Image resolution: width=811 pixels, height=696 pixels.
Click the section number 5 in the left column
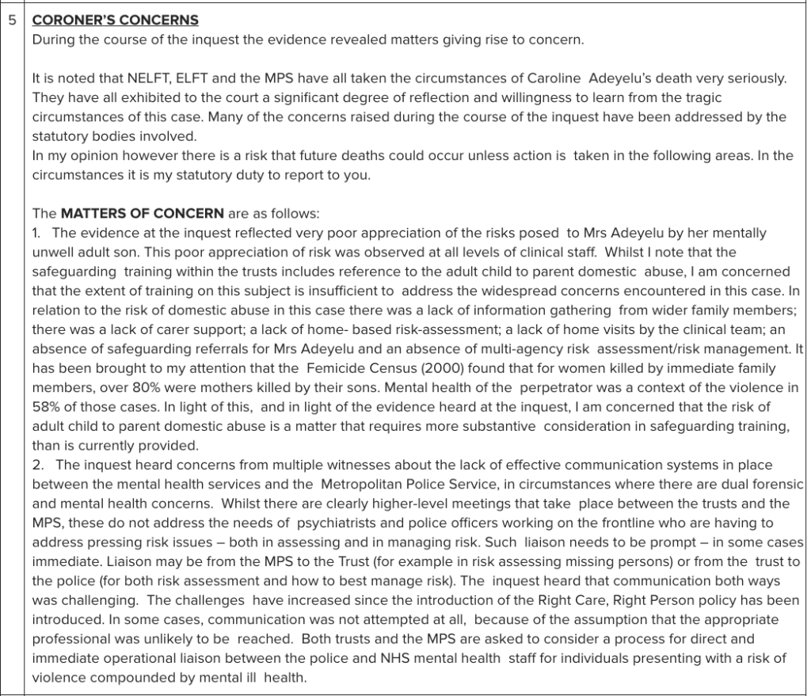[12, 20]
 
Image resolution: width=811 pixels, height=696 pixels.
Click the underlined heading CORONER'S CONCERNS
[115, 20]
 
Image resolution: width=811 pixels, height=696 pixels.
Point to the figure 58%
[46, 407]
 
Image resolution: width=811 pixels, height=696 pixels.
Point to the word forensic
[770, 484]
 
